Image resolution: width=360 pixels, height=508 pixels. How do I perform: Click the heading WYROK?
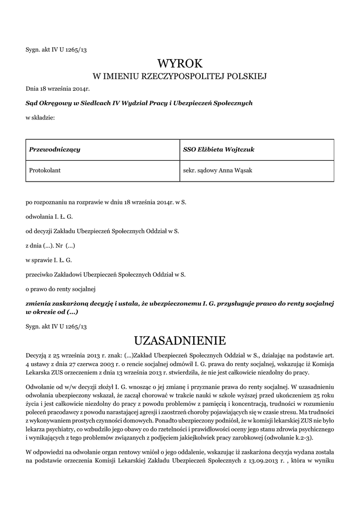point(180,63)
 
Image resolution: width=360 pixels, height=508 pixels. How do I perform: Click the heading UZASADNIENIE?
point(180,340)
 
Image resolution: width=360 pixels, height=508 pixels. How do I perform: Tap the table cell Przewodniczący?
point(55,149)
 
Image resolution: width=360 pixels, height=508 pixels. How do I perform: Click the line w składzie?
point(40,118)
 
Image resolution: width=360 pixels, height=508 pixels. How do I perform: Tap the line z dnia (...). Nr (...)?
point(51,246)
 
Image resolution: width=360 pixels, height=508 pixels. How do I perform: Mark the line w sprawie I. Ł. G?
point(49,259)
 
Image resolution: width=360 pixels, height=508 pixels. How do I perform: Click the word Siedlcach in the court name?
point(95,103)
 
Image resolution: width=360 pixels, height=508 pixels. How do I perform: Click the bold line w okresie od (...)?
point(52,313)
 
